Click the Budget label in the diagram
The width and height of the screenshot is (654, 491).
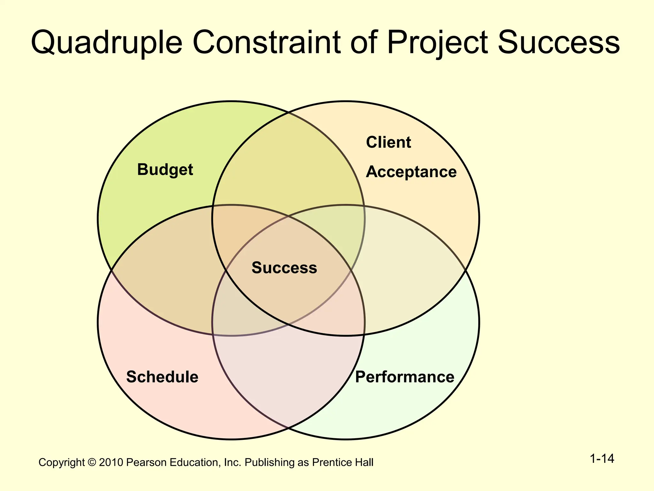165,170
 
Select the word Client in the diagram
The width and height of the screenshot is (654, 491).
388,142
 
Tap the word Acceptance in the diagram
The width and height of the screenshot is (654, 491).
411,172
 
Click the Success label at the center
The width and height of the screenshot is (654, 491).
284,268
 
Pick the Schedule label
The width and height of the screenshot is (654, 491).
162,377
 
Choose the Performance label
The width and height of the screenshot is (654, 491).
405,377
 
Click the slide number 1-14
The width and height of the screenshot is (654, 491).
602,459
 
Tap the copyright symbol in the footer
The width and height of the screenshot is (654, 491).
92,463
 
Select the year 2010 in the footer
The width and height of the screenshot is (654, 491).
111,463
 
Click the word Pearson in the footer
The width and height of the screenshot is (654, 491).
146,463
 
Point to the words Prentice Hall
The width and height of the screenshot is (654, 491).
343,463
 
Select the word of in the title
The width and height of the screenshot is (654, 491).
364,43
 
